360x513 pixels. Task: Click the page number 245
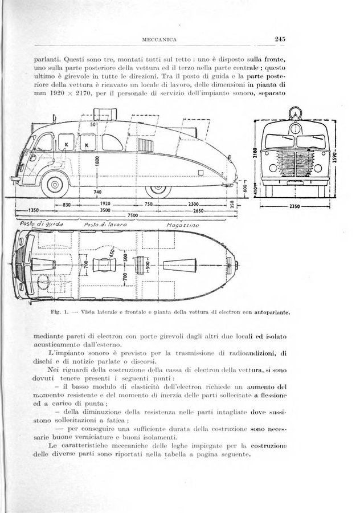pos(279,39)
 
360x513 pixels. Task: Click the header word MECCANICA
pos(161,40)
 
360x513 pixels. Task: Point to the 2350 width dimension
pos(294,206)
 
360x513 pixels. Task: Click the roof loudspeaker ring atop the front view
pos(294,113)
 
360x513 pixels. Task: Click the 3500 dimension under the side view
pos(105,209)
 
